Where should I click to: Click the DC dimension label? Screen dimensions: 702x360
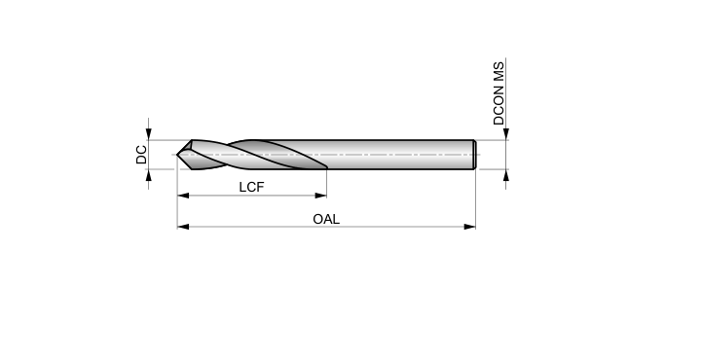click(x=141, y=155)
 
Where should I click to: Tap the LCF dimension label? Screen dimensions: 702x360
click(x=251, y=187)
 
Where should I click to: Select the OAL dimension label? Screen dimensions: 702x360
click(x=326, y=219)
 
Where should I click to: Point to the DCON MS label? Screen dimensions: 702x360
click(x=499, y=93)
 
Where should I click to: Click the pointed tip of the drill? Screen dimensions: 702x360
click(x=177, y=155)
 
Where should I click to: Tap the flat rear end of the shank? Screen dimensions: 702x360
click(x=474, y=155)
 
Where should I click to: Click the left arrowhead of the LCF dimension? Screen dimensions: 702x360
click(x=183, y=196)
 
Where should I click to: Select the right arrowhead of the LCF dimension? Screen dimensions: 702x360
click(x=321, y=196)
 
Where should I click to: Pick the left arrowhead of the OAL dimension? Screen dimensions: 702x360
click(x=183, y=227)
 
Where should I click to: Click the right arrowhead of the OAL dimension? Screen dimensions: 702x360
click(x=469, y=227)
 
